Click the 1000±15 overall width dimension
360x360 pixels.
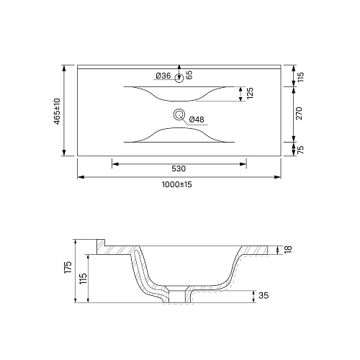pyautogui.click(x=177, y=184)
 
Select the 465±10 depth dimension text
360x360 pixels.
pyautogui.click(x=57, y=111)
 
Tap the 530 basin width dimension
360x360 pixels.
pyautogui.click(x=179, y=168)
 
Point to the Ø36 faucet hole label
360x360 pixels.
pyautogui.click(x=163, y=76)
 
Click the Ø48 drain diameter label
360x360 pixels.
pyautogui.click(x=197, y=120)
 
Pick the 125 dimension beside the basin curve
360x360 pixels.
pyautogui.click(x=250, y=93)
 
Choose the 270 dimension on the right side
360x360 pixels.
pyautogui.click(x=299, y=113)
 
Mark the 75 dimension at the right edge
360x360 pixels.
pyautogui.click(x=300, y=149)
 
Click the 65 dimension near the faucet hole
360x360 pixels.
pyautogui.click(x=189, y=75)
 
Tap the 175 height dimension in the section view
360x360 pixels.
pyautogui.click(x=68, y=267)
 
